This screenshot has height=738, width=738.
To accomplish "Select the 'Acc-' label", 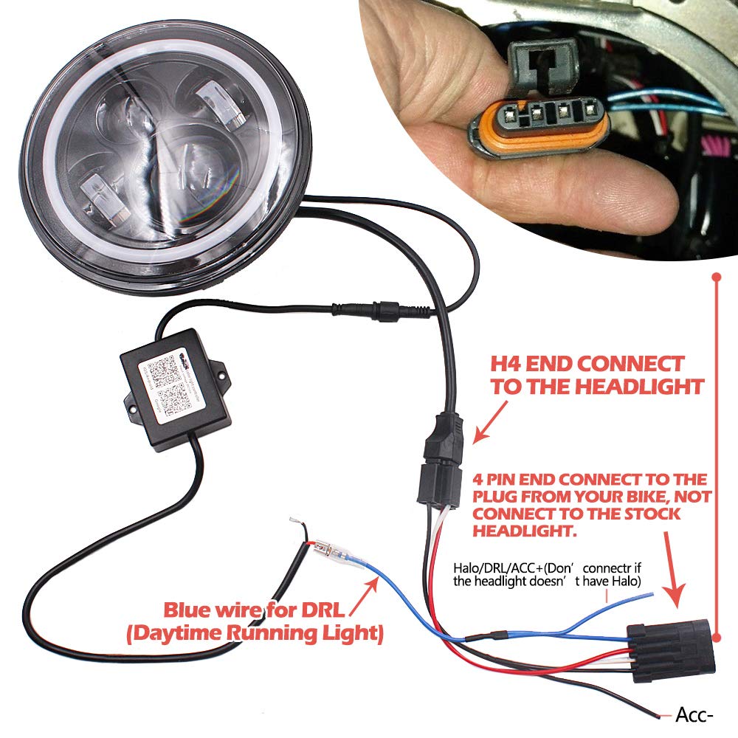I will point(693,715).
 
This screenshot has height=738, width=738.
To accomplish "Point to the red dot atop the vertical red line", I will point(715,277).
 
